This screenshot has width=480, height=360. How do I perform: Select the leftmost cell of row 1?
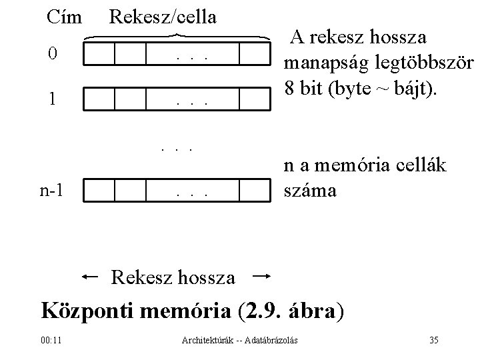pyautogui.click(x=101, y=99)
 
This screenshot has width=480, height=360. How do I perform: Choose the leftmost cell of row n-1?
pyautogui.click(x=101, y=190)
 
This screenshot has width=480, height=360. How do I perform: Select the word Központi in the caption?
pyautogui.click(x=88, y=311)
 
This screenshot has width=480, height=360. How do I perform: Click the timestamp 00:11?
pyautogui.click(x=51, y=341)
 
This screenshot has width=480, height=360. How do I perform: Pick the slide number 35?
pyautogui.click(x=433, y=341)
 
